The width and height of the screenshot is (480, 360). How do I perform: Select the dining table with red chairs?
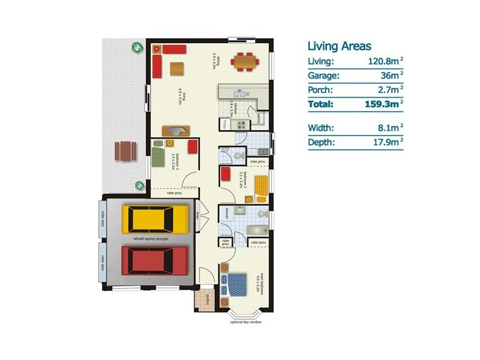pos(243,61)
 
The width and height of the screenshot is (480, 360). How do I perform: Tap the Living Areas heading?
pos(339,46)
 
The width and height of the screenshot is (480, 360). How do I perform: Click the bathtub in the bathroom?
pos(259,229)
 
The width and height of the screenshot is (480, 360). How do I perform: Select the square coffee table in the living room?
pos(178,68)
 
